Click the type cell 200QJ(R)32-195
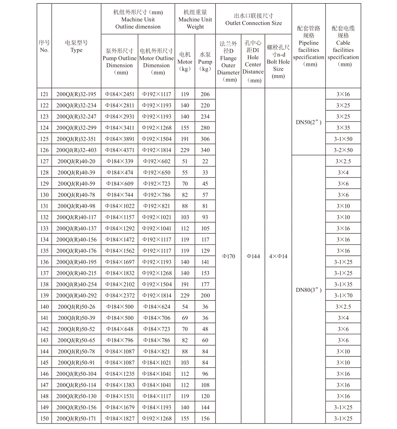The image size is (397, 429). [x=76, y=95]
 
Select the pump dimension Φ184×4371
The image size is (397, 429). [x=120, y=150]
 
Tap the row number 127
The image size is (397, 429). [x=44, y=161]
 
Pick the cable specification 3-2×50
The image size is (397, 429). [x=343, y=150]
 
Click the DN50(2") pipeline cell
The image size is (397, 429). [x=308, y=122]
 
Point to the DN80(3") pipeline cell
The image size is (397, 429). [x=308, y=290]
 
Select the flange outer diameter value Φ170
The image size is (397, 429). [x=228, y=256]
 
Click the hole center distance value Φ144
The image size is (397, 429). [x=253, y=256]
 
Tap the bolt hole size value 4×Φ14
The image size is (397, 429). [x=278, y=256]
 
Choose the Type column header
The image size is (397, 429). [x=76, y=46]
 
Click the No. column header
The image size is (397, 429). [x=44, y=46]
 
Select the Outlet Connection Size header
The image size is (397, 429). [x=254, y=19]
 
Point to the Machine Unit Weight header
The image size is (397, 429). [x=195, y=19]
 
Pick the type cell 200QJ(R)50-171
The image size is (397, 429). [x=76, y=418]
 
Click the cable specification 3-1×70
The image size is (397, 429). [x=343, y=296]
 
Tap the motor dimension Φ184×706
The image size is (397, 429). [x=156, y=318]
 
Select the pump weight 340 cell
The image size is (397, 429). [x=205, y=150]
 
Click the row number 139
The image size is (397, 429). [x=44, y=296]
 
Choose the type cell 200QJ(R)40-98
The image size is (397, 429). [x=76, y=206]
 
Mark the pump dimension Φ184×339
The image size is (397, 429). [x=120, y=161]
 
